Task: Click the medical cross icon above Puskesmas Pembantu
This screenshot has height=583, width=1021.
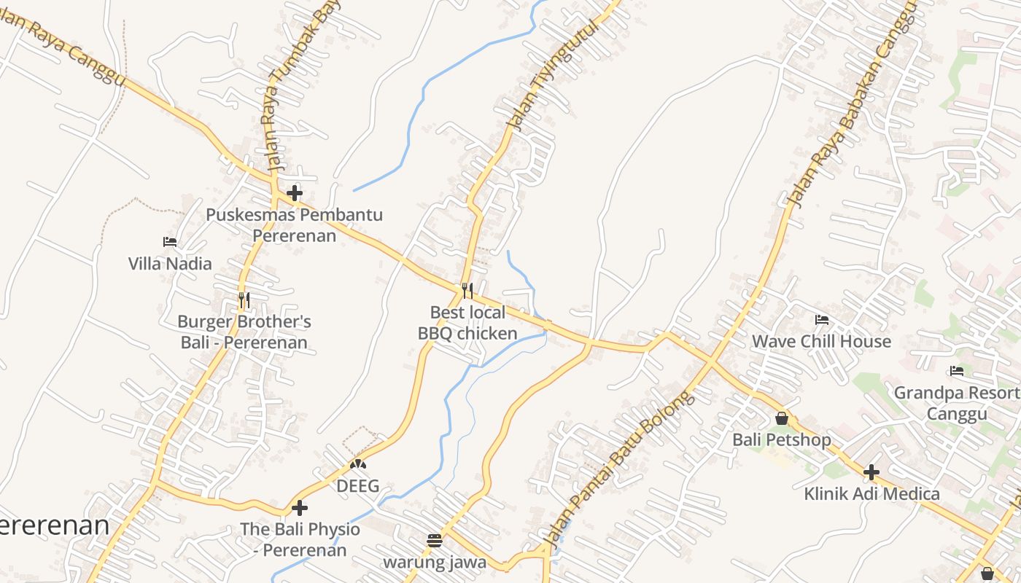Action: (295, 194)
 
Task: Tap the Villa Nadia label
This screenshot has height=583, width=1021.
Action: (170, 264)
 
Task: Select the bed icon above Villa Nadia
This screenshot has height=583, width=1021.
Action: (170, 242)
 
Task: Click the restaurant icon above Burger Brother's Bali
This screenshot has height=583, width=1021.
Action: (244, 300)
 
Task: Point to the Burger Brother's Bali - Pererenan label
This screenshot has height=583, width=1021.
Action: (244, 332)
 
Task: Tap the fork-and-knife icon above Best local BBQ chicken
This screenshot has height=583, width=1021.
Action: (467, 291)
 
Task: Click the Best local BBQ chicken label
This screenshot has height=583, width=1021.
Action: (467, 324)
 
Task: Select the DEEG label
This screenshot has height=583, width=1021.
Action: (357, 486)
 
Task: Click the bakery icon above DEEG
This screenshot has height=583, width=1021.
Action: (357, 464)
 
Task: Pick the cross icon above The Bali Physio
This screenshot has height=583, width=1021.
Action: (300, 508)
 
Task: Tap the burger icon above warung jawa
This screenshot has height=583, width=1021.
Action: (435, 541)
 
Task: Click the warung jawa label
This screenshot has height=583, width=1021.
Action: (435, 563)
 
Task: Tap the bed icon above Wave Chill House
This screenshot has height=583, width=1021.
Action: (822, 320)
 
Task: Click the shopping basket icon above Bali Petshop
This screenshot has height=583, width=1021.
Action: (782, 419)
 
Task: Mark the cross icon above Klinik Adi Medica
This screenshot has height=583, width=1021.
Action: (871, 472)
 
